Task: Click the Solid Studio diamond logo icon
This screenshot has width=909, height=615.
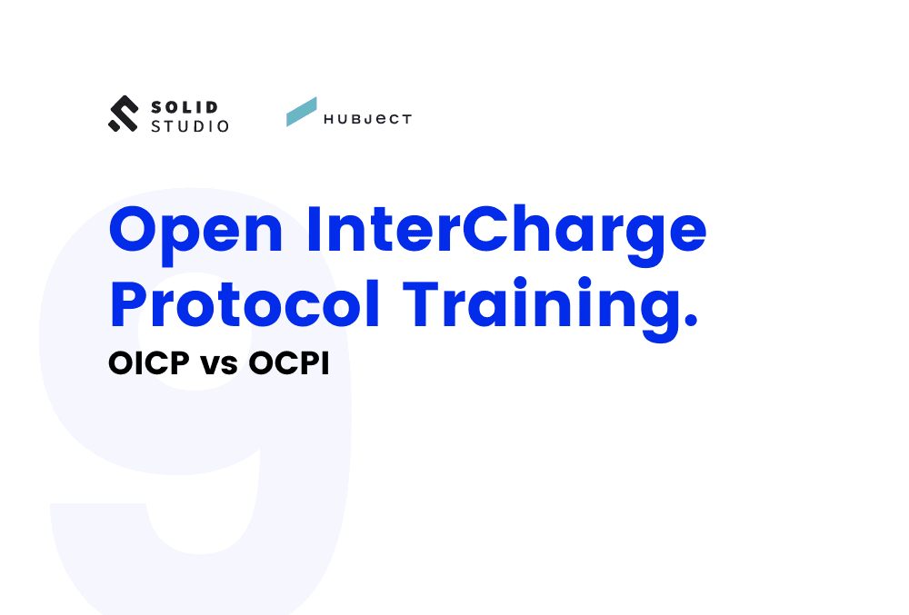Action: tap(123, 114)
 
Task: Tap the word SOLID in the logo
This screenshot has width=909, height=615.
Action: tap(184, 106)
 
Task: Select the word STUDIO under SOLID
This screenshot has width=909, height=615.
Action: tap(189, 126)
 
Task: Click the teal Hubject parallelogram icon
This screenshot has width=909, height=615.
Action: tap(302, 112)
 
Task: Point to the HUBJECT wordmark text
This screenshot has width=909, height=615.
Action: tap(367, 119)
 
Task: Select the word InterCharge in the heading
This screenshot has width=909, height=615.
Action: tap(506, 231)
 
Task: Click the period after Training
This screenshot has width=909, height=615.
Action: tap(690, 322)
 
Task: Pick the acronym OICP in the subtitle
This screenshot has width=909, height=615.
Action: tap(144, 364)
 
